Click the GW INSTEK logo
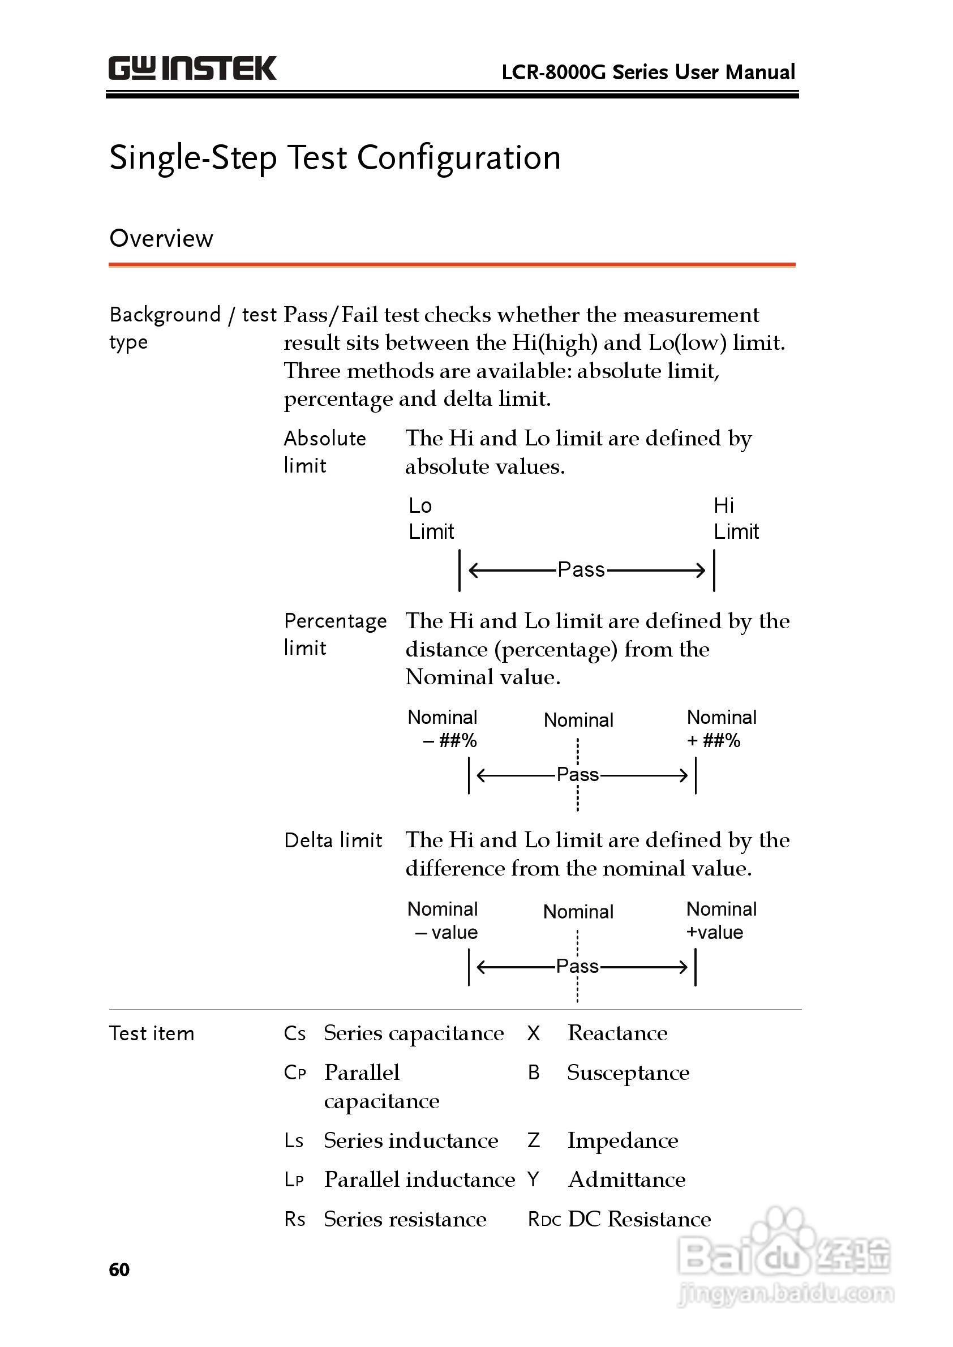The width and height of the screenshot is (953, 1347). (x=192, y=68)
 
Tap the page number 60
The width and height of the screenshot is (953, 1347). (x=119, y=1269)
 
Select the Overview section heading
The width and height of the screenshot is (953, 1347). (x=161, y=238)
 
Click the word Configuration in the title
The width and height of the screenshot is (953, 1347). (x=458, y=158)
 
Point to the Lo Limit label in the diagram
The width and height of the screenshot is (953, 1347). (x=431, y=518)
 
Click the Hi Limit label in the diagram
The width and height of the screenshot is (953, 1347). (x=736, y=518)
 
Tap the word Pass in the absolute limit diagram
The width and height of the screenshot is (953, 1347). (x=581, y=569)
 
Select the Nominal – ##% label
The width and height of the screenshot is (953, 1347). (x=443, y=728)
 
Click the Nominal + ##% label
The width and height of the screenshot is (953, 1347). (x=721, y=728)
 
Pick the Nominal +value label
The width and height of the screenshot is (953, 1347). (x=721, y=920)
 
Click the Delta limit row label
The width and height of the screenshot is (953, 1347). (x=333, y=840)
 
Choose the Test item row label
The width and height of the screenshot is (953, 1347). (x=152, y=1033)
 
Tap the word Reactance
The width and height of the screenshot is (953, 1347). (x=617, y=1033)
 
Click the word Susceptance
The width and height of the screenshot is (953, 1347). (x=628, y=1073)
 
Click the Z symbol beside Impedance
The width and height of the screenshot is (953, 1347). (x=534, y=1140)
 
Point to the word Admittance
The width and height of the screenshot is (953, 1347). (x=626, y=1179)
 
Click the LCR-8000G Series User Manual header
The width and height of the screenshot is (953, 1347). (x=648, y=72)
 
